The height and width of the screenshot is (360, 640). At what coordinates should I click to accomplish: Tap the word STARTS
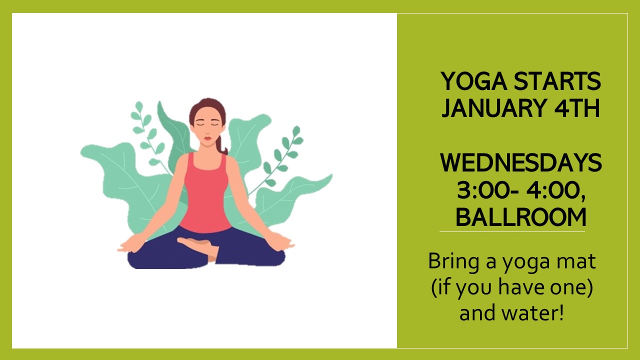click(557, 81)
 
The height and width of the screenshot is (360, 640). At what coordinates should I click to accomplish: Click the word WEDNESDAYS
click(521, 162)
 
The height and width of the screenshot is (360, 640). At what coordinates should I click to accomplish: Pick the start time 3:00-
click(487, 190)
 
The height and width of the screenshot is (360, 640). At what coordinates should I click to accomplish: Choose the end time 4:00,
click(556, 191)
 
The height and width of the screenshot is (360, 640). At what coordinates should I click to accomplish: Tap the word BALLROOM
click(521, 217)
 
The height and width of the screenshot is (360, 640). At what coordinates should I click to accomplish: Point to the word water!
click(533, 313)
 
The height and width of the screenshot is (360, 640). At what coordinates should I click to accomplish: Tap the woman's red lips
click(207, 138)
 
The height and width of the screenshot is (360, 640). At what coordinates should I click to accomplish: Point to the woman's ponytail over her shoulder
click(221, 145)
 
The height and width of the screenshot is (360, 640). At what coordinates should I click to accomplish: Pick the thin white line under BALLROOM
click(512, 231)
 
